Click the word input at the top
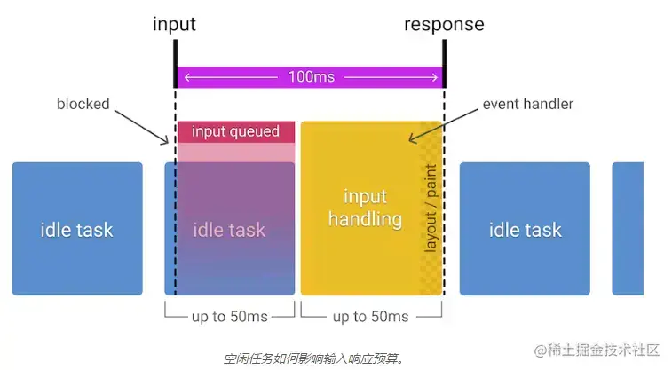click(x=174, y=23)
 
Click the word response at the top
click(x=444, y=23)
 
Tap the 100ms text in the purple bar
click(x=311, y=77)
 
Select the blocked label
click(x=83, y=104)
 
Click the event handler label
click(x=527, y=104)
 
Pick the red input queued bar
click(x=235, y=132)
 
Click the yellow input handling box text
click(x=364, y=207)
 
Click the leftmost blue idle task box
click(x=77, y=229)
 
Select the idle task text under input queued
click(x=229, y=230)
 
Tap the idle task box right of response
click(x=525, y=229)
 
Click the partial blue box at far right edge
click(x=628, y=229)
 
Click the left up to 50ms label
click(x=230, y=317)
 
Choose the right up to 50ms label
click(x=371, y=317)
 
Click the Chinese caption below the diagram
click(x=313, y=358)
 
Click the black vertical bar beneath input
click(x=175, y=63)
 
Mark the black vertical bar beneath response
click(x=444, y=63)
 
